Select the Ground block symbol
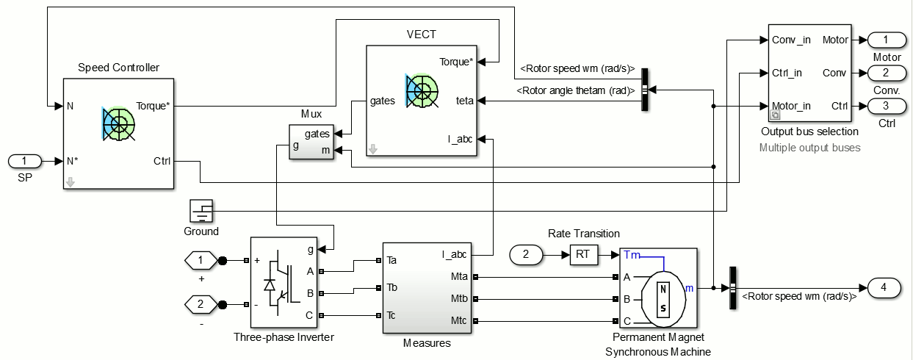pos(201,211)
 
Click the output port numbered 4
pos(884,288)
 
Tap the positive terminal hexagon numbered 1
pos(201,260)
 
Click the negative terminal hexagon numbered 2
pos(201,304)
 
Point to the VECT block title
pos(421,35)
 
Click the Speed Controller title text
pos(118,68)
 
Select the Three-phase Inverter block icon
pos(284,282)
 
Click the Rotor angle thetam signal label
pos(575,90)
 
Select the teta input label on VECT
pos(464,101)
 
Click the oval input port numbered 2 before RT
pos(526,255)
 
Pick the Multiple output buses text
pos(809,148)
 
